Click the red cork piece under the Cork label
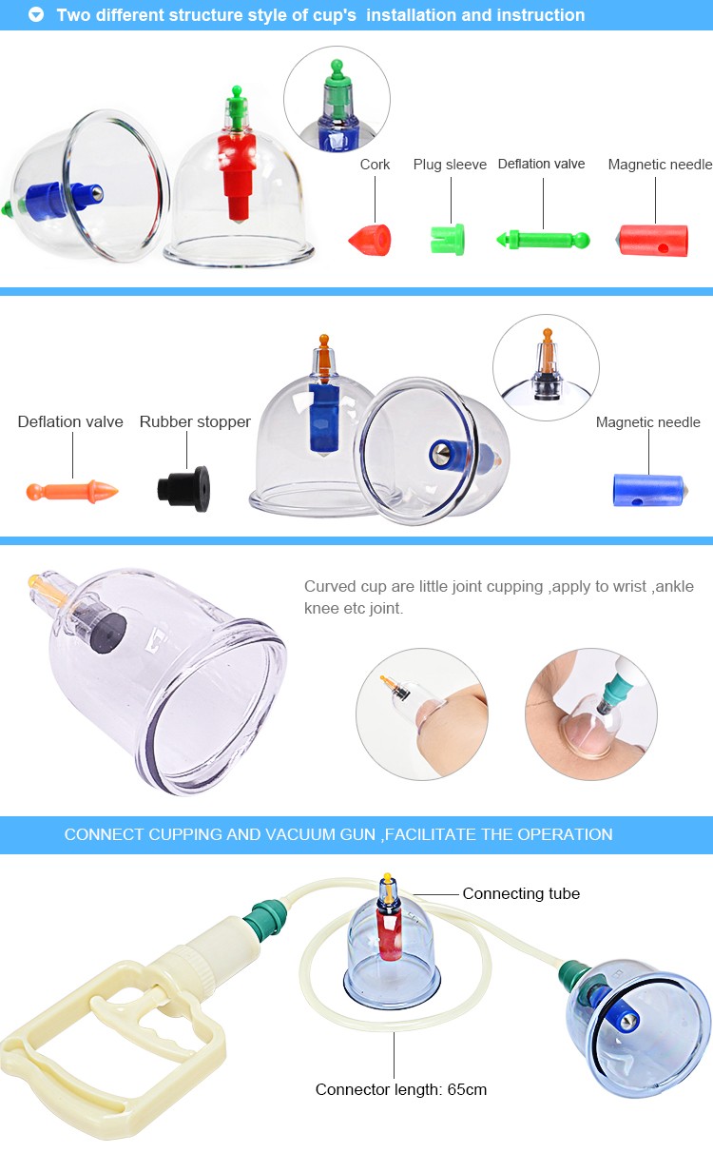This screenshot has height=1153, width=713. tap(370, 240)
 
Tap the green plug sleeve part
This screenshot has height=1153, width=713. tap(447, 240)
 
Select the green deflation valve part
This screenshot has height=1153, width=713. tap(543, 240)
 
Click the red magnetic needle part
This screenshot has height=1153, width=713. tap(652, 240)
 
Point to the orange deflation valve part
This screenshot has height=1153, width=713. tap(72, 492)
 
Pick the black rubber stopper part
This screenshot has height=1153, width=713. tap(183, 488)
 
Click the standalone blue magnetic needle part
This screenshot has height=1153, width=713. tap(648, 490)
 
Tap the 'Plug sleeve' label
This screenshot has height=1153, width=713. tap(450, 165)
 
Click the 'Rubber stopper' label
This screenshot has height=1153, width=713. tap(195, 421)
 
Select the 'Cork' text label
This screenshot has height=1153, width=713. tap(375, 165)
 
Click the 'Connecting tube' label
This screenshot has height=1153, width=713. tap(521, 893)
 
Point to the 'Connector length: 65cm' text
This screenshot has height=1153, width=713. tap(401, 1089)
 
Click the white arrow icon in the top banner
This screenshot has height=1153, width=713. tap(36, 15)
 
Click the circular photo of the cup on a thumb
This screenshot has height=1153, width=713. tap(422, 713)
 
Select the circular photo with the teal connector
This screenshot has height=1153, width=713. tap(591, 713)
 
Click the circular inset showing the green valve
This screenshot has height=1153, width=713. tap(337, 99)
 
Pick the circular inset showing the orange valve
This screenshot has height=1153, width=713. tap(546, 367)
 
